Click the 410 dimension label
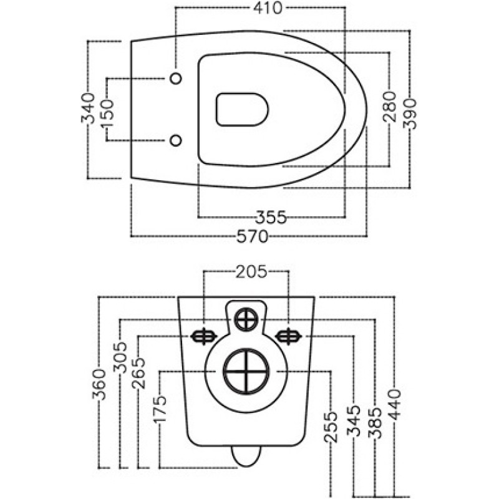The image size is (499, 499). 268,8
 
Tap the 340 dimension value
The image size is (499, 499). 88,108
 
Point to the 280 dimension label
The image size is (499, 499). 389,107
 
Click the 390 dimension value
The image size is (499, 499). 410,114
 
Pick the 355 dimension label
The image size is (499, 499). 271,218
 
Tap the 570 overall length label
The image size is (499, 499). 253,236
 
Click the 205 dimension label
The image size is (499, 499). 251,272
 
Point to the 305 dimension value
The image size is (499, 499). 120,357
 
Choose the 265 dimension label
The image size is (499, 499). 138,373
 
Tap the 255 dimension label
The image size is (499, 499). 331,427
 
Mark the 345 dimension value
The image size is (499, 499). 354,420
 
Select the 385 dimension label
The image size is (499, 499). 375,423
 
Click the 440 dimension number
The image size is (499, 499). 394,404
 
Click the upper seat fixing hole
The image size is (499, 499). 176,78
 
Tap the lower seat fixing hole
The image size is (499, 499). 176,140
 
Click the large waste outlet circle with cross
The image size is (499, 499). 246,371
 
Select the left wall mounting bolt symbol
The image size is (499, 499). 204,336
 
